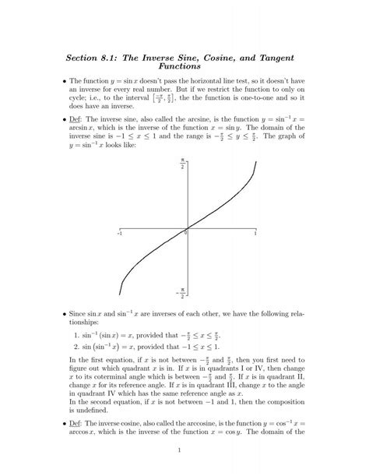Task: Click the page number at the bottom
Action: [x=179, y=450]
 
